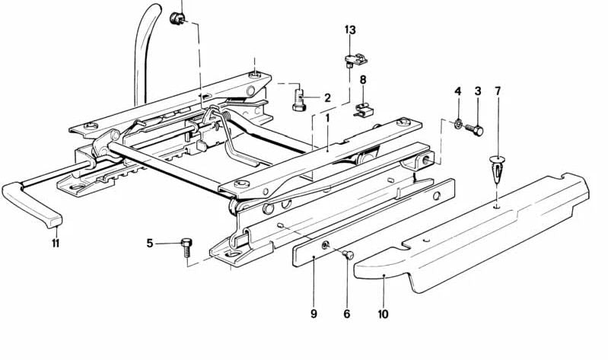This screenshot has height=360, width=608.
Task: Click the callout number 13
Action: pos(349,30)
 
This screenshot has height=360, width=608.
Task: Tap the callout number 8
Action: pos(363,79)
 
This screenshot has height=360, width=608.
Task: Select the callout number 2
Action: pos(327,97)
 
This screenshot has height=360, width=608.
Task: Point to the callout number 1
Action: pos(327,119)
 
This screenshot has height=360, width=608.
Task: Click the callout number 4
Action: pos(458,91)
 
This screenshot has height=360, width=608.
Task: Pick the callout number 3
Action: pos(478,91)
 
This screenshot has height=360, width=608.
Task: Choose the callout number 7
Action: pos(498,91)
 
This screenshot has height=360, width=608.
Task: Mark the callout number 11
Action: pos(56,244)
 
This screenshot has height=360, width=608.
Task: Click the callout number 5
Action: pos(150,244)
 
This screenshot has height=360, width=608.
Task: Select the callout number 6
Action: pos(347,313)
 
